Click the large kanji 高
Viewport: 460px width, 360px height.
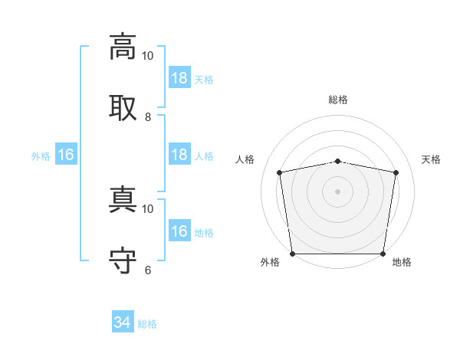[x=123, y=47]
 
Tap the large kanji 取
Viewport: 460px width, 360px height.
[x=123, y=108]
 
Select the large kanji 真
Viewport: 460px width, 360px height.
[x=123, y=199]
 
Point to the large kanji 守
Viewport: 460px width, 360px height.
[x=123, y=260]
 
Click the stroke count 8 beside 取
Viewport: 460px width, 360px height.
[x=148, y=117]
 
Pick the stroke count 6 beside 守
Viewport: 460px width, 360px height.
[x=148, y=270]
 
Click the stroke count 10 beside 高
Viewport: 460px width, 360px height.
[x=147, y=56]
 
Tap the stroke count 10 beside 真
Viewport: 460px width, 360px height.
[x=147, y=209]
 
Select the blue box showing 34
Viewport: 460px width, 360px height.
[x=123, y=321]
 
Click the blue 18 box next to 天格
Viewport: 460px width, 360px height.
[x=179, y=77]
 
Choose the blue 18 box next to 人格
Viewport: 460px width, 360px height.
[x=179, y=154]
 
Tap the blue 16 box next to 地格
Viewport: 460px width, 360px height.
[x=179, y=230]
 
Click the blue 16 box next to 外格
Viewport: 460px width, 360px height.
[x=66, y=154]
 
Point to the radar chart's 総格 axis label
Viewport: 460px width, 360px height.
[x=338, y=100]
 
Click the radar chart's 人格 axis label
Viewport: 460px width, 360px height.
[x=245, y=159]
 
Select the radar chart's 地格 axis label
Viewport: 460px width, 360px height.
[x=402, y=262]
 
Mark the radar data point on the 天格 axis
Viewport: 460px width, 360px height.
[x=396, y=172]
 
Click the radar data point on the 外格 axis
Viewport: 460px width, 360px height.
[x=293, y=254]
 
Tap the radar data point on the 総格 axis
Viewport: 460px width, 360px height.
[x=337, y=162]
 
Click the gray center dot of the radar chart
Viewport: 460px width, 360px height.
[x=337, y=191]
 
